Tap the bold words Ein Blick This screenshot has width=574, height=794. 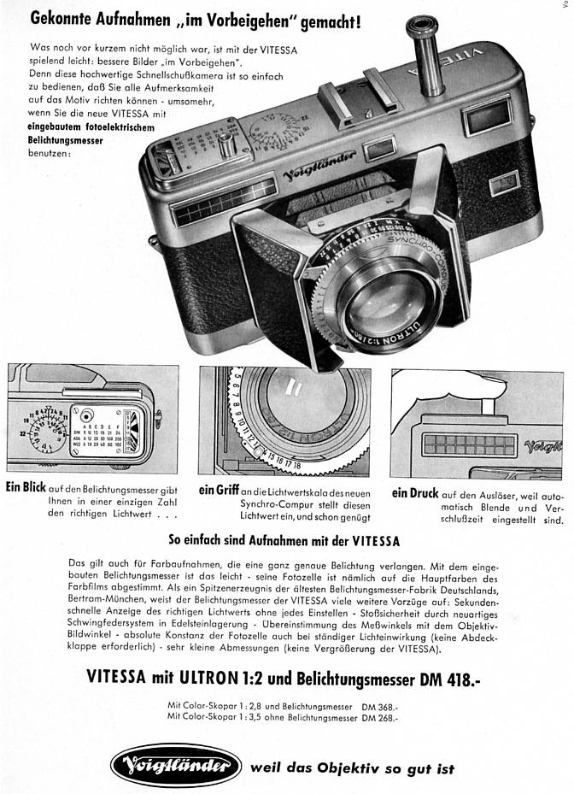(25, 489)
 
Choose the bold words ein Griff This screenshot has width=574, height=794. (217, 491)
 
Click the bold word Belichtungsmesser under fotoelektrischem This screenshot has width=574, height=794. (60, 141)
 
